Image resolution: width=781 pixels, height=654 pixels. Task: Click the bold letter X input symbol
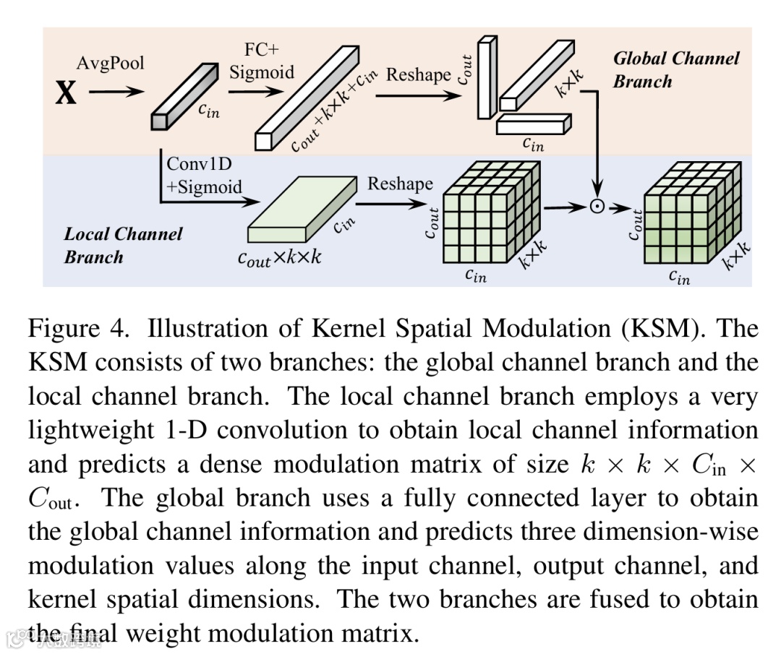(65, 93)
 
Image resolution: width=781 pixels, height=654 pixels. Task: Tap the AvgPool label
(110, 63)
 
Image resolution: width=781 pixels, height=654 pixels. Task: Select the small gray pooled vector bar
(184, 96)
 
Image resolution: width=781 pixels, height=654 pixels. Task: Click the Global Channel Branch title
(675, 69)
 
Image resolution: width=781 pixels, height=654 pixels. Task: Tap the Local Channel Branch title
(123, 245)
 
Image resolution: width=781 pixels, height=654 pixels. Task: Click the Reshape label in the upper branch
(419, 74)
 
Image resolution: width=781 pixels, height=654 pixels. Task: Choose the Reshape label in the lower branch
(400, 184)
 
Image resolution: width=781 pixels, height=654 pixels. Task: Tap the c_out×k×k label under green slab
(279, 259)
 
